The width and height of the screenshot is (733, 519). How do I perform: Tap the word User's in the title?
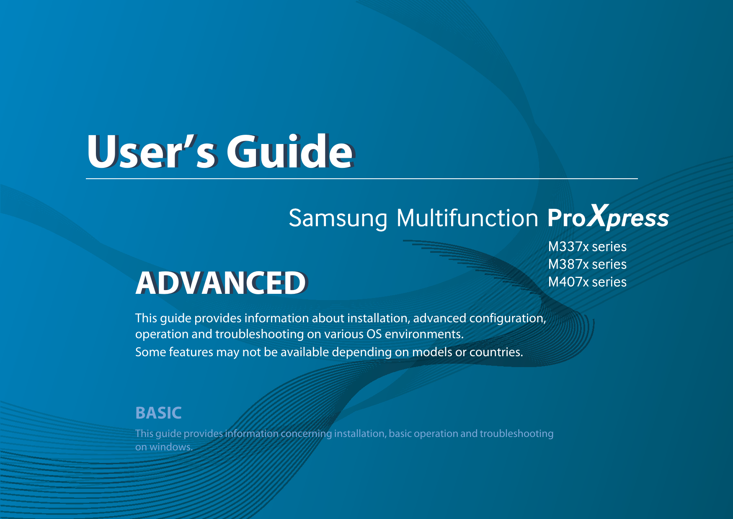click(152, 152)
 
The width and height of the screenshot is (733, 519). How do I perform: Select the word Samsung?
click(338, 218)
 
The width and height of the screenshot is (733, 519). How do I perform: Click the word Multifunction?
click(467, 218)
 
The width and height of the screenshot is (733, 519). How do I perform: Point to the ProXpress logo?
click(608, 217)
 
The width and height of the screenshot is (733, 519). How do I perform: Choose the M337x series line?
click(587, 247)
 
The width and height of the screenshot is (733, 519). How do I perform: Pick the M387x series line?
click(587, 264)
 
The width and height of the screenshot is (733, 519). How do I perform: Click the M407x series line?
click(587, 282)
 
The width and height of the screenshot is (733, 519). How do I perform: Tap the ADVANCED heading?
click(222, 283)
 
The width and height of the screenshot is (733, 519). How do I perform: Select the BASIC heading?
click(158, 413)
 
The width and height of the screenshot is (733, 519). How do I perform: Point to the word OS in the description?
click(374, 334)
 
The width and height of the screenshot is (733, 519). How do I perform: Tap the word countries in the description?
click(496, 352)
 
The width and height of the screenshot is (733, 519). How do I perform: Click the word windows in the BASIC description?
click(171, 447)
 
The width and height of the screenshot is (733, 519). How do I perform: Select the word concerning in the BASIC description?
click(306, 434)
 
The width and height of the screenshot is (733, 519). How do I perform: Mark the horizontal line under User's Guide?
click(362, 179)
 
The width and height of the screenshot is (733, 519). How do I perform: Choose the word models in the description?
click(432, 352)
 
